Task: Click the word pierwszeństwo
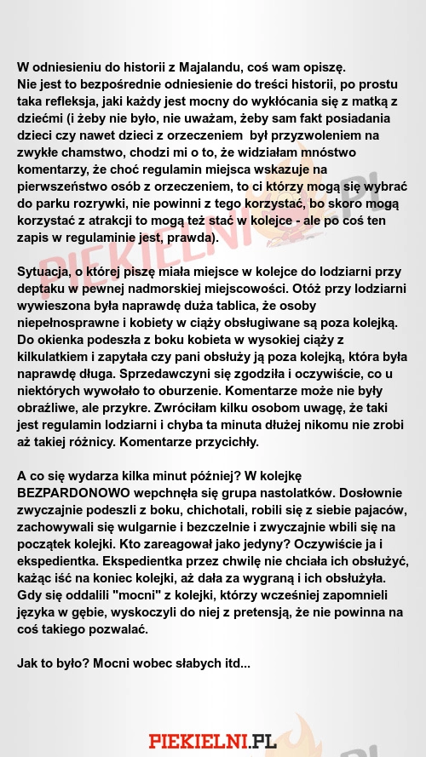68,186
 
